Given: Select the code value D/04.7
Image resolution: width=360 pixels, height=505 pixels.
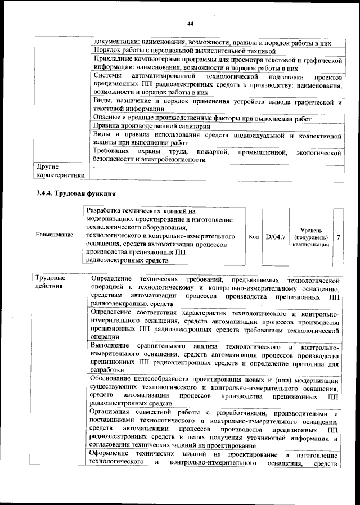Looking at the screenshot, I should click(x=276, y=237).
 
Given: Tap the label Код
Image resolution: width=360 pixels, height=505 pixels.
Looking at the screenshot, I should click(x=254, y=237).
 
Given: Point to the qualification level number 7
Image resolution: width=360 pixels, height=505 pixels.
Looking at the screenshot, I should click(x=338, y=237).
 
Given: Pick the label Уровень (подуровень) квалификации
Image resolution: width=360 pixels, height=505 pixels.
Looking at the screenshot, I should click(x=311, y=237).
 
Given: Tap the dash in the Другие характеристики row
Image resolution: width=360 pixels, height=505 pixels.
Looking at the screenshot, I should click(x=94, y=167).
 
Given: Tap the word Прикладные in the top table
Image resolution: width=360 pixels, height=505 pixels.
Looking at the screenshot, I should click(x=115, y=60).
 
